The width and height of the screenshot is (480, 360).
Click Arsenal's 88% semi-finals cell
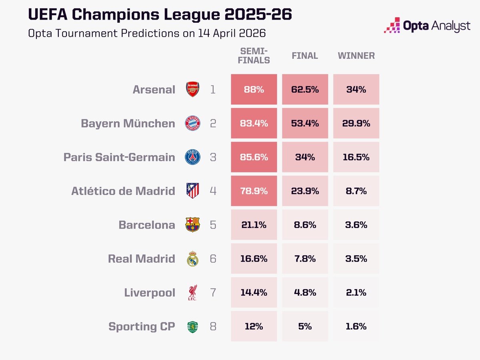[x=254, y=89]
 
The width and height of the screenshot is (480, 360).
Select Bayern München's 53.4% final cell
[x=305, y=123]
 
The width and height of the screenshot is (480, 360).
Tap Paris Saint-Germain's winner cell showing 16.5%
[x=356, y=157]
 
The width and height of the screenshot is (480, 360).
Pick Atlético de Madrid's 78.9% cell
[x=254, y=191]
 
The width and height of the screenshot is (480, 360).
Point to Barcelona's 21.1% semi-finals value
[x=254, y=225]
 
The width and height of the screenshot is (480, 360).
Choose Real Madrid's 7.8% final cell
[x=305, y=259]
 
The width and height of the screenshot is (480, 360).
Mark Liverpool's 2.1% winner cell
[x=356, y=293]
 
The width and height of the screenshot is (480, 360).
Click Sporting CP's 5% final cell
[x=305, y=326]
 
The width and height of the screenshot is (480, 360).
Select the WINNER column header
[x=356, y=56]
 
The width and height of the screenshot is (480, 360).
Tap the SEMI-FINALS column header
[x=254, y=56]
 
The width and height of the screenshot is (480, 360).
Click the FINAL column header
[x=305, y=56]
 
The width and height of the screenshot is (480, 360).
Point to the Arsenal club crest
[x=192, y=89]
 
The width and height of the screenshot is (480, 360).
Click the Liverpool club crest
[x=192, y=293]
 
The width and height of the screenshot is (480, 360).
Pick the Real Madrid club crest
[x=192, y=259]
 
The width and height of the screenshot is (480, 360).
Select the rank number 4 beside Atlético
[x=213, y=191]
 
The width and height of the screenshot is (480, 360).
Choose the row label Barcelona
[x=147, y=225]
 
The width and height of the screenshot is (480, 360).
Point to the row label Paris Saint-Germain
[x=119, y=157]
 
